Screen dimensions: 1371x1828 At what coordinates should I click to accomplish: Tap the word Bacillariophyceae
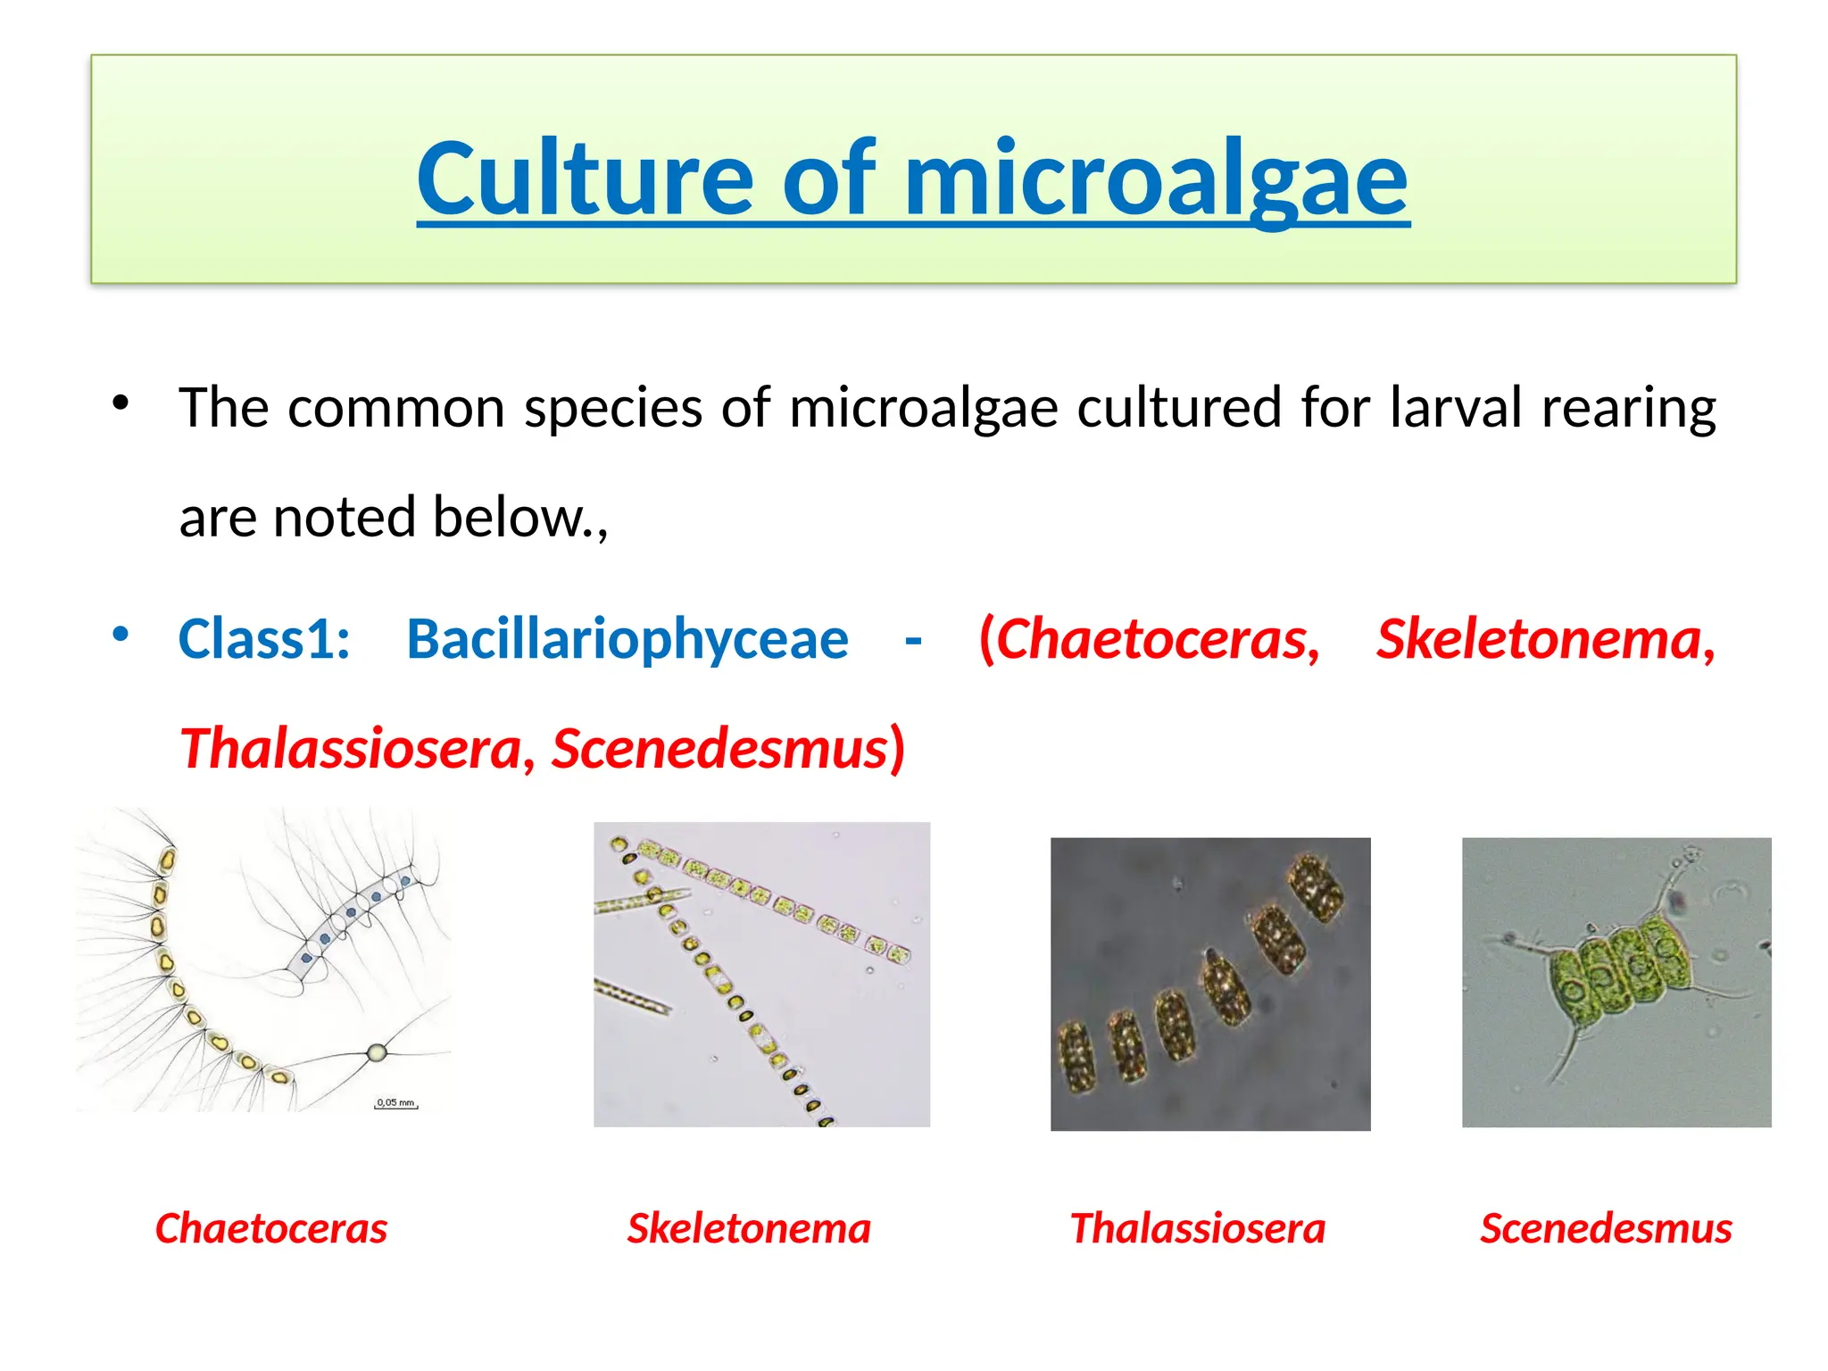[627, 639]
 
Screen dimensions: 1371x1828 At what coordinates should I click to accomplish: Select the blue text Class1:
[264, 639]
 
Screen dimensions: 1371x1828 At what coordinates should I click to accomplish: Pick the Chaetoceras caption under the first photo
[271, 1228]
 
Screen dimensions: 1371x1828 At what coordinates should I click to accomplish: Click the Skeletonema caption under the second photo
[749, 1228]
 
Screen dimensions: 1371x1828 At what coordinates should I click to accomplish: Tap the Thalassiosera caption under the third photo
[1198, 1228]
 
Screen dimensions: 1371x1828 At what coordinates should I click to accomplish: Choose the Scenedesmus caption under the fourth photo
[1606, 1228]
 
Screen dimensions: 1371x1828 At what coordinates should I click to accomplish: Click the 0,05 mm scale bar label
[395, 1102]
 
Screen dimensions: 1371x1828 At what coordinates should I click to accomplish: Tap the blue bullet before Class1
[120, 635]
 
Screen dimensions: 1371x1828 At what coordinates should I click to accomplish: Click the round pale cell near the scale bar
[377, 1052]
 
